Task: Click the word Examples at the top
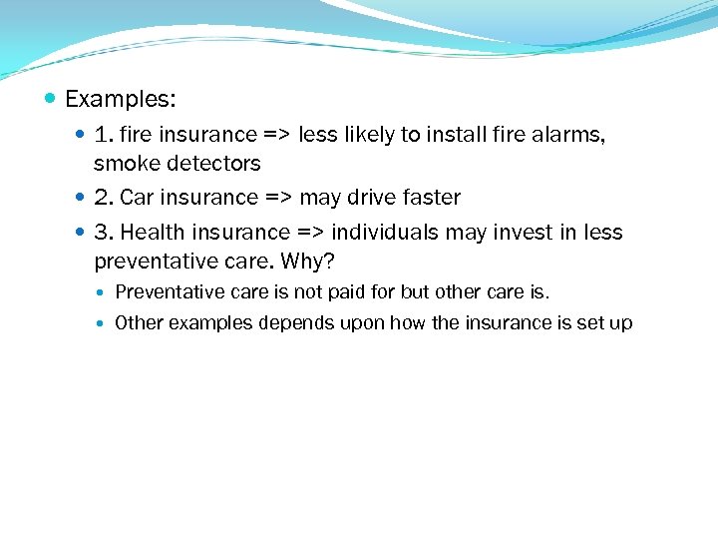tap(120, 99)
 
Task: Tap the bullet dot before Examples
tap(51, 99)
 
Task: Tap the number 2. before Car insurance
tap(104, 198)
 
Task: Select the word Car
tap(137, 198)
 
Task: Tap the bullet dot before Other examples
tap(104, 323)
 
